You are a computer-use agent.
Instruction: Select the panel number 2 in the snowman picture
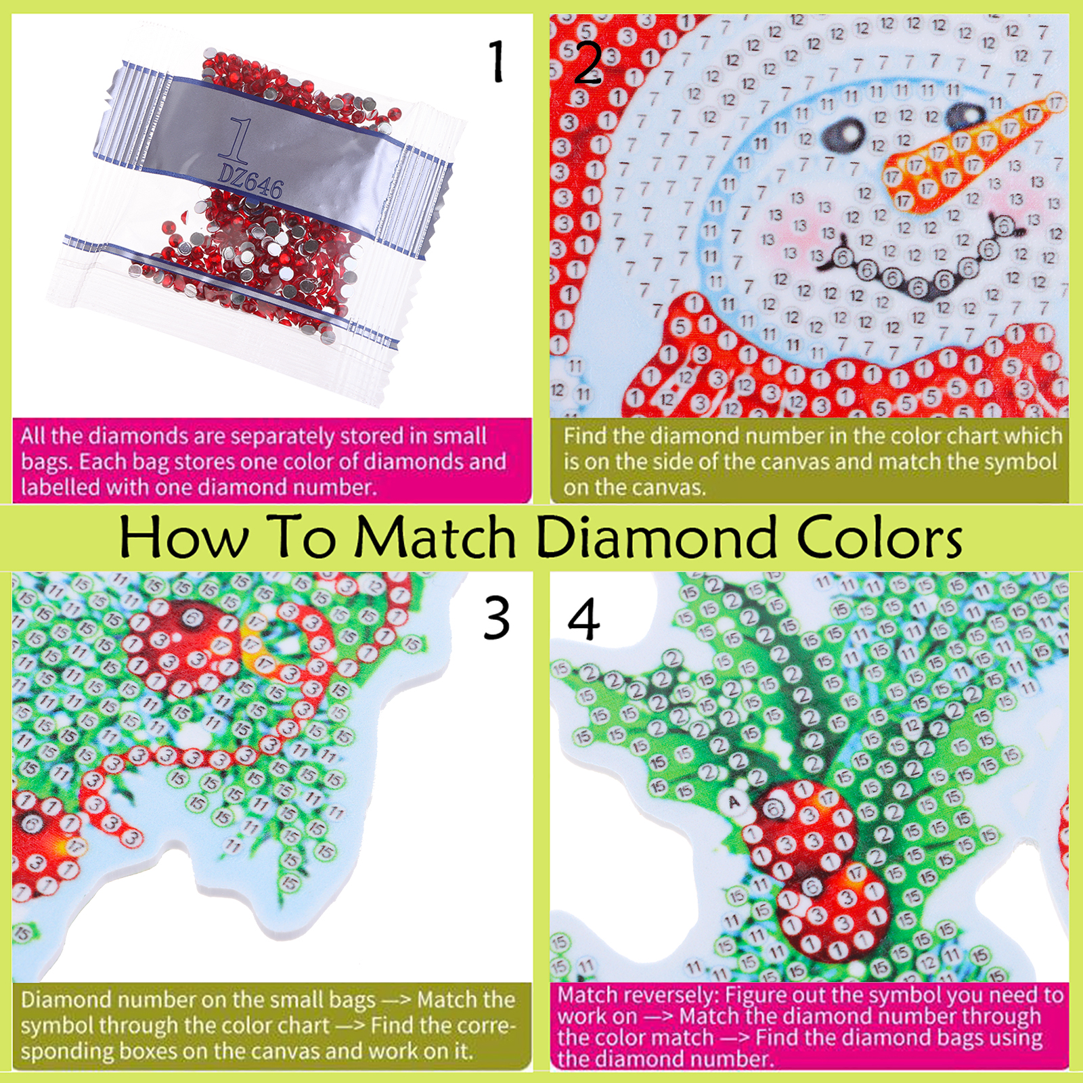pyautogui.click(x=588, y=62)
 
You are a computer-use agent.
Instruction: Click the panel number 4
pyautogui.click(x=583, y=618)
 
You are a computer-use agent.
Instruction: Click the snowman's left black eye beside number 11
pyautogui.click(x=843, y=134)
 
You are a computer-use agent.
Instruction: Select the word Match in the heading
pyautogui.click(x=436, y=537)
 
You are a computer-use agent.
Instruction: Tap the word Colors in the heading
pyautogui.click(x=879, y=537)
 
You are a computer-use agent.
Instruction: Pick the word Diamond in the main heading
pyautogui.click(x=656, y=537)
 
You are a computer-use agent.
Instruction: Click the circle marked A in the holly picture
pyautogui.click(x=734, y=802)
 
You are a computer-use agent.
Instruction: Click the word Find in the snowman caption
pyautogui.click(x=587, y=436)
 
